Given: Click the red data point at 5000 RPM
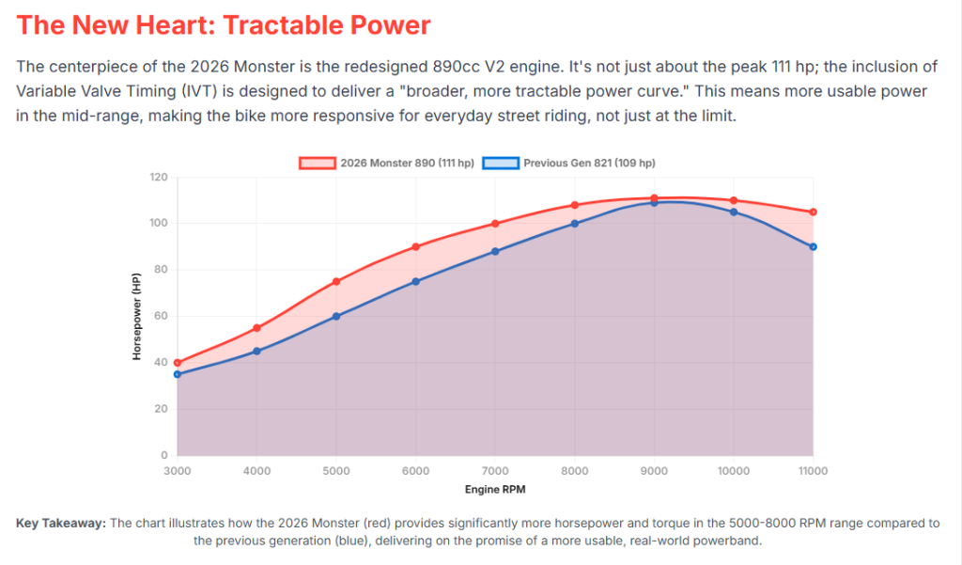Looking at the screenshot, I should click(x=336, y=281).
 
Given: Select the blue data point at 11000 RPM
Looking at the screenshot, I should click(x=814, y=246).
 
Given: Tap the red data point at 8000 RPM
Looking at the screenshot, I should click(x=575, y=205).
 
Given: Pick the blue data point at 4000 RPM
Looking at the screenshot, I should click(x=256, y=351).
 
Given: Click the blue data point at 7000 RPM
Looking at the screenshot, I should click(x=495, y=251).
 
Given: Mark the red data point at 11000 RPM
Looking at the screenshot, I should click(x=814, y=212).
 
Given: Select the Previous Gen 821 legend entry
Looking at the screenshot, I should click(x=569, y=163).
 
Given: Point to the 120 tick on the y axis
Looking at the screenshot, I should click(x=158, y=178).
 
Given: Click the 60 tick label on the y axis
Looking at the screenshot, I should click(x=161, y=317).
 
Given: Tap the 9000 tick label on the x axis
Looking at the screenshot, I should click(x=654, y=470).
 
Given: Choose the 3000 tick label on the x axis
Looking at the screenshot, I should click(x=177, y=470).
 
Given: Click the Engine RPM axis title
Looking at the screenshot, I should click(x=495, y=490).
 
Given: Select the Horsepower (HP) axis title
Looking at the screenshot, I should click(x=136, y=317).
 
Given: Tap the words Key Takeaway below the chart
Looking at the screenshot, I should click(x=61, y=524).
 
